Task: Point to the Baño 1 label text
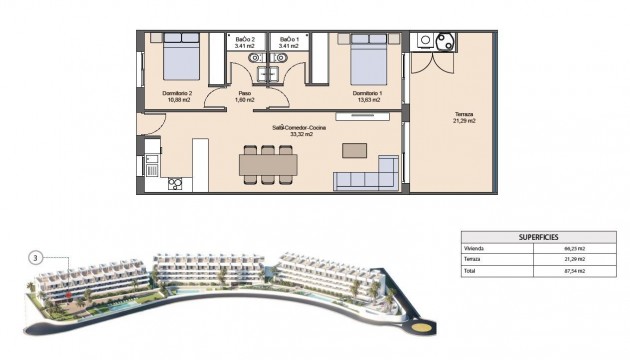click(x=290, y=41)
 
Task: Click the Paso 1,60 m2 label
click(x=244, y=97)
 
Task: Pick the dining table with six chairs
click(x=266, y=164)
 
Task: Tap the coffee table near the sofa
click(x=354, y=150)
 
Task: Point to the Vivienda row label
click(x=474, y=248)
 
